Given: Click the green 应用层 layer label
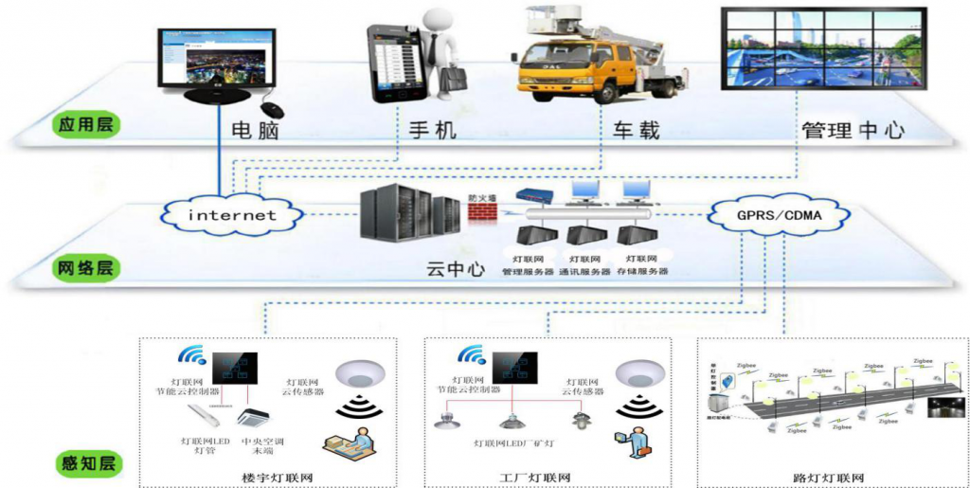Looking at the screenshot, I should [x=84, y=124].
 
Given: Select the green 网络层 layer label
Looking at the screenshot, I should [x=84, y=268].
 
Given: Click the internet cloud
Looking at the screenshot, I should [x=232, y=214].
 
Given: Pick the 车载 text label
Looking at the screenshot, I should [x=636, y=130].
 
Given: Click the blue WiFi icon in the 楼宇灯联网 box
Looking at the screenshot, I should [x=191, y=356].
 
